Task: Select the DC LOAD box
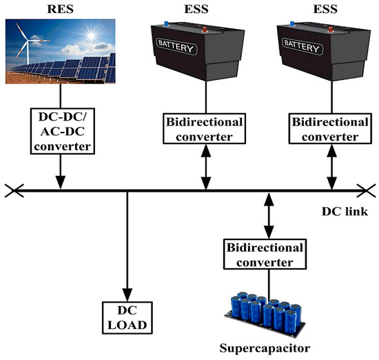tap(127, 317)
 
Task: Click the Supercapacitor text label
tap(269, 348)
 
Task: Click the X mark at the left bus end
tap(12, 189)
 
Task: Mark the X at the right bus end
tap(366, 189)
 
